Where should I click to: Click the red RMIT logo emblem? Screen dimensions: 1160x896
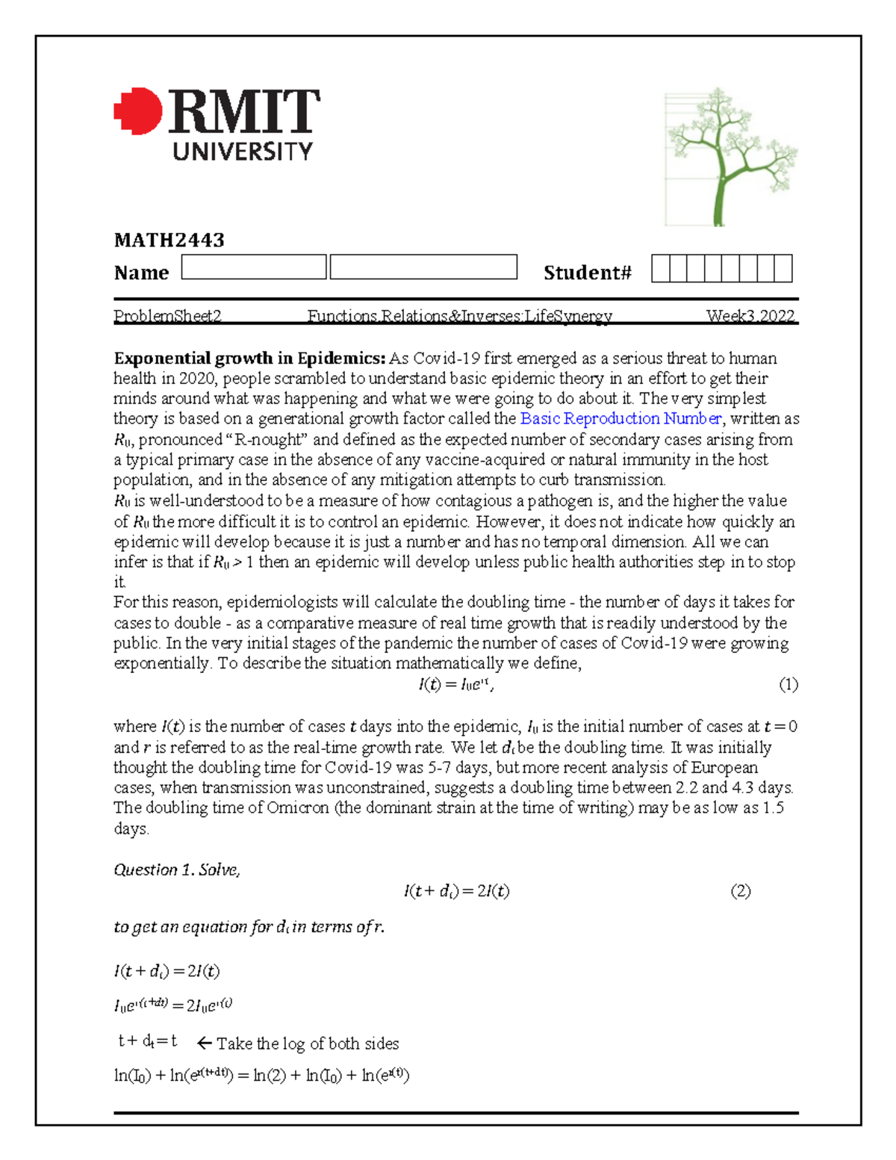click(x=138, y=111)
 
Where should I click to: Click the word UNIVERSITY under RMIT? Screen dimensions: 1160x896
click(x=243, y=152)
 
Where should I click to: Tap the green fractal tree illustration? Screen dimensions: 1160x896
click(x=730, y=158)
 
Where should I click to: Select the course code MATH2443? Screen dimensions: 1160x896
click(x=169, y=240)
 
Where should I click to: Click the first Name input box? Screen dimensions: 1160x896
click(x=254, y=267)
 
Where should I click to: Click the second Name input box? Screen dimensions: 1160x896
click(x=423, y=267)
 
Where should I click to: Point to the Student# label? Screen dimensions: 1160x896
click(x=587, y=273)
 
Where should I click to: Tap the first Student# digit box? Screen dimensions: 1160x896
click(x=660, y=268)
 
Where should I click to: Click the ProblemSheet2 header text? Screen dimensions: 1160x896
click(x=167, y=316)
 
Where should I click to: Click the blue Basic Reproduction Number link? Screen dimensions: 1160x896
click(x=620, y=418)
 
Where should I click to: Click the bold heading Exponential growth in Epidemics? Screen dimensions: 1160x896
click(x=249, y=358)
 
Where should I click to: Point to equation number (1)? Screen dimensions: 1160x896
click(x=788, y=684)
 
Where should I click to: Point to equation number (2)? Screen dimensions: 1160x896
click(x=740, y=890)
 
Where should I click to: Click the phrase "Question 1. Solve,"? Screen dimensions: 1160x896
click(x=176, y=869)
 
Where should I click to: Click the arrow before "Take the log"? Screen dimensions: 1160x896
click(x=204, y=1043)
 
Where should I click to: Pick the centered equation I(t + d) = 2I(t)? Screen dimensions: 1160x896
click(x=456, y=890)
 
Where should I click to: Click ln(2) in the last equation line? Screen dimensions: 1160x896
click(x=270, y=1076)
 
